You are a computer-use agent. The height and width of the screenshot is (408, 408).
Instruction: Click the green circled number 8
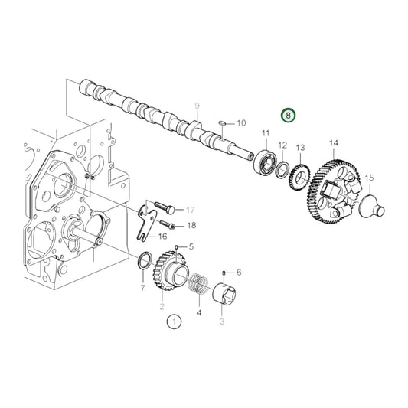click(x=289, y=116)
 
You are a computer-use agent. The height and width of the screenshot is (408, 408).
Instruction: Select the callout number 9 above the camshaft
click(x=197, y=105)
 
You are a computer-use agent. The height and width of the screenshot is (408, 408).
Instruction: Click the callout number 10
click(x=240, y=122)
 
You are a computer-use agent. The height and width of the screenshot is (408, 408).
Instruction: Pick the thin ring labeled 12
click(x=282, y=168)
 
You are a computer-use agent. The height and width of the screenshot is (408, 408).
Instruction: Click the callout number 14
click(x=334, y=142)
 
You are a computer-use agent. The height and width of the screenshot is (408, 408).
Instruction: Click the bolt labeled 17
click(x=168, y=207)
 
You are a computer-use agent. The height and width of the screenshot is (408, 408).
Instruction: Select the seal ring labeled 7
click(x=143, y=262)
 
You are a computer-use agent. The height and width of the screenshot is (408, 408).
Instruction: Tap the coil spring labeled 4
click(x=197, y=287)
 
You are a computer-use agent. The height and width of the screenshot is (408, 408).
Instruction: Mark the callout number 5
click(x=191, y=247)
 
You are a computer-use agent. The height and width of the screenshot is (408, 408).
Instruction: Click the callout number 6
click(x=238, y=272)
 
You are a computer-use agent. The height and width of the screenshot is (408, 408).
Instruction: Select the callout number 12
click(x=282, y=145)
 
